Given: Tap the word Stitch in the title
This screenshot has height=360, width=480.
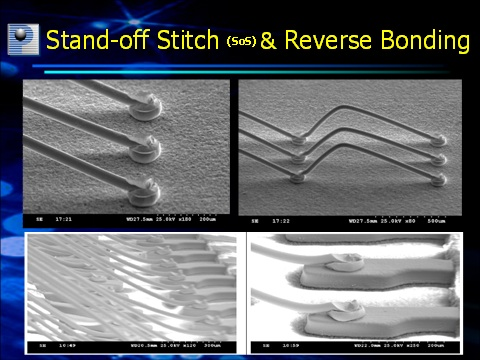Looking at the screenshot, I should point(183,41).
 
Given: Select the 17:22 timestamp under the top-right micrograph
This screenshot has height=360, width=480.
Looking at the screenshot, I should point(286,217).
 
